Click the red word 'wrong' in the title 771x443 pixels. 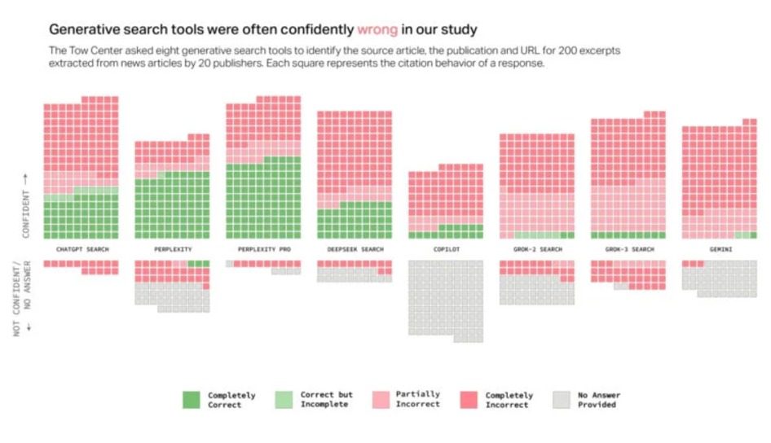tap(377, 29)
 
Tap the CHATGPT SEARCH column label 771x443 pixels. tap(82, 249)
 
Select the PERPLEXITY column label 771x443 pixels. tap(172, 249)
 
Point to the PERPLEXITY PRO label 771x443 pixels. tap(263, 249)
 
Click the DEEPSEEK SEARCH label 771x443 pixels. tap(355, 249)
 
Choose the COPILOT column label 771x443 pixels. tap(446, 249)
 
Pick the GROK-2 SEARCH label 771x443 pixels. tap(537, 249)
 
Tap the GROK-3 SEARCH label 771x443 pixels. tap(628, 249)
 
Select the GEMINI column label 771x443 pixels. tap(720, 249)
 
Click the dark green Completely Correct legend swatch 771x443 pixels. tap(191, 399)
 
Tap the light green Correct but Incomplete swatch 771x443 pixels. tap(284, 399)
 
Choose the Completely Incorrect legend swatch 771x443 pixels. tap(469, 399)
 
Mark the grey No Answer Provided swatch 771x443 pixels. tap(561, 399)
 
